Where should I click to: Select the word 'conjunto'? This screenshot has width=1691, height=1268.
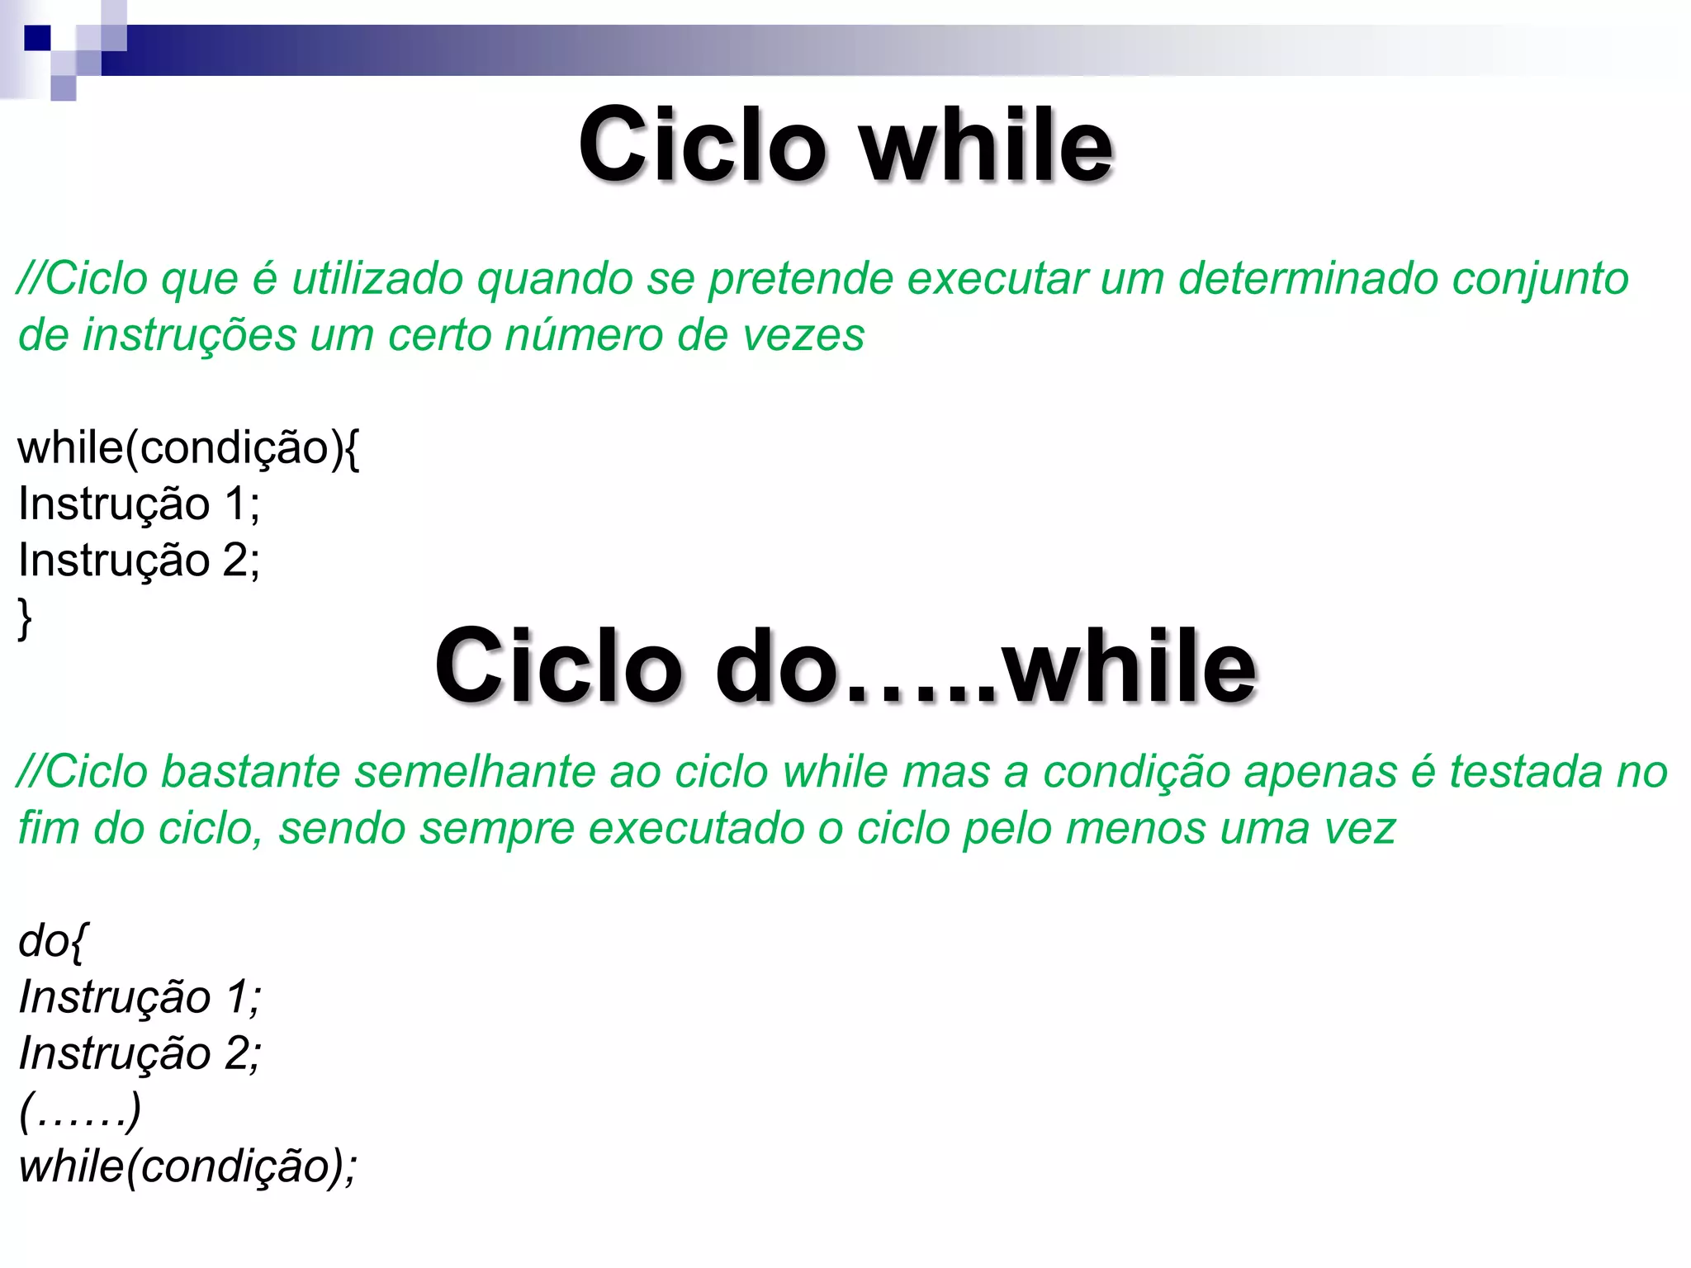coord(1540,280)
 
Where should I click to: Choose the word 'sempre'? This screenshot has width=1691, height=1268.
coord(496,829)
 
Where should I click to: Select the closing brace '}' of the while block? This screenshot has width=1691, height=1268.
coord(25,617)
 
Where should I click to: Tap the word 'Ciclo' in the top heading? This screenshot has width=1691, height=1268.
coord(702,146)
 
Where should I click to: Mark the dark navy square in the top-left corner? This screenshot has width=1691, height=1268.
coord(37,38)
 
